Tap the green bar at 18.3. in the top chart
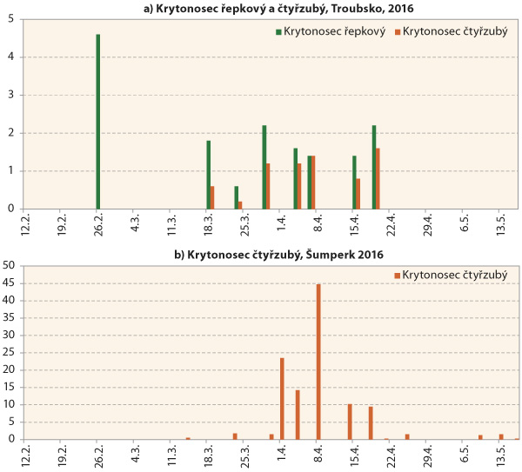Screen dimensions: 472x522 [x=209, y=175]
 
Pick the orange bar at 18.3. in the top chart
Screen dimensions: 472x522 [x=212, y=197]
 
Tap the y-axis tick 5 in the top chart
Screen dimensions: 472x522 [x=10, y=19]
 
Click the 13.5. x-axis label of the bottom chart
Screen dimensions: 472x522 [x=501, y=455]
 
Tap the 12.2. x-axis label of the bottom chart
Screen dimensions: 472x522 [x=25, y=455]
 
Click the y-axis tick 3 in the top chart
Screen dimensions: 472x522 [x=10, y=95]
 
